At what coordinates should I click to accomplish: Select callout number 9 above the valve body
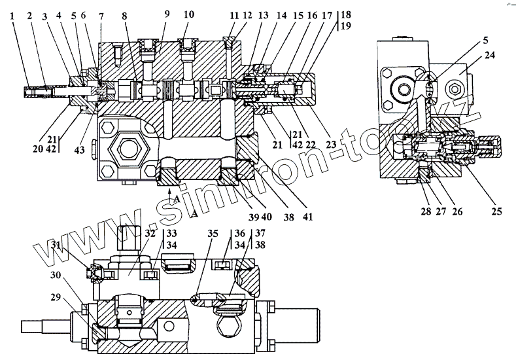[166, 14]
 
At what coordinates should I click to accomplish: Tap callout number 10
[188, 14]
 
